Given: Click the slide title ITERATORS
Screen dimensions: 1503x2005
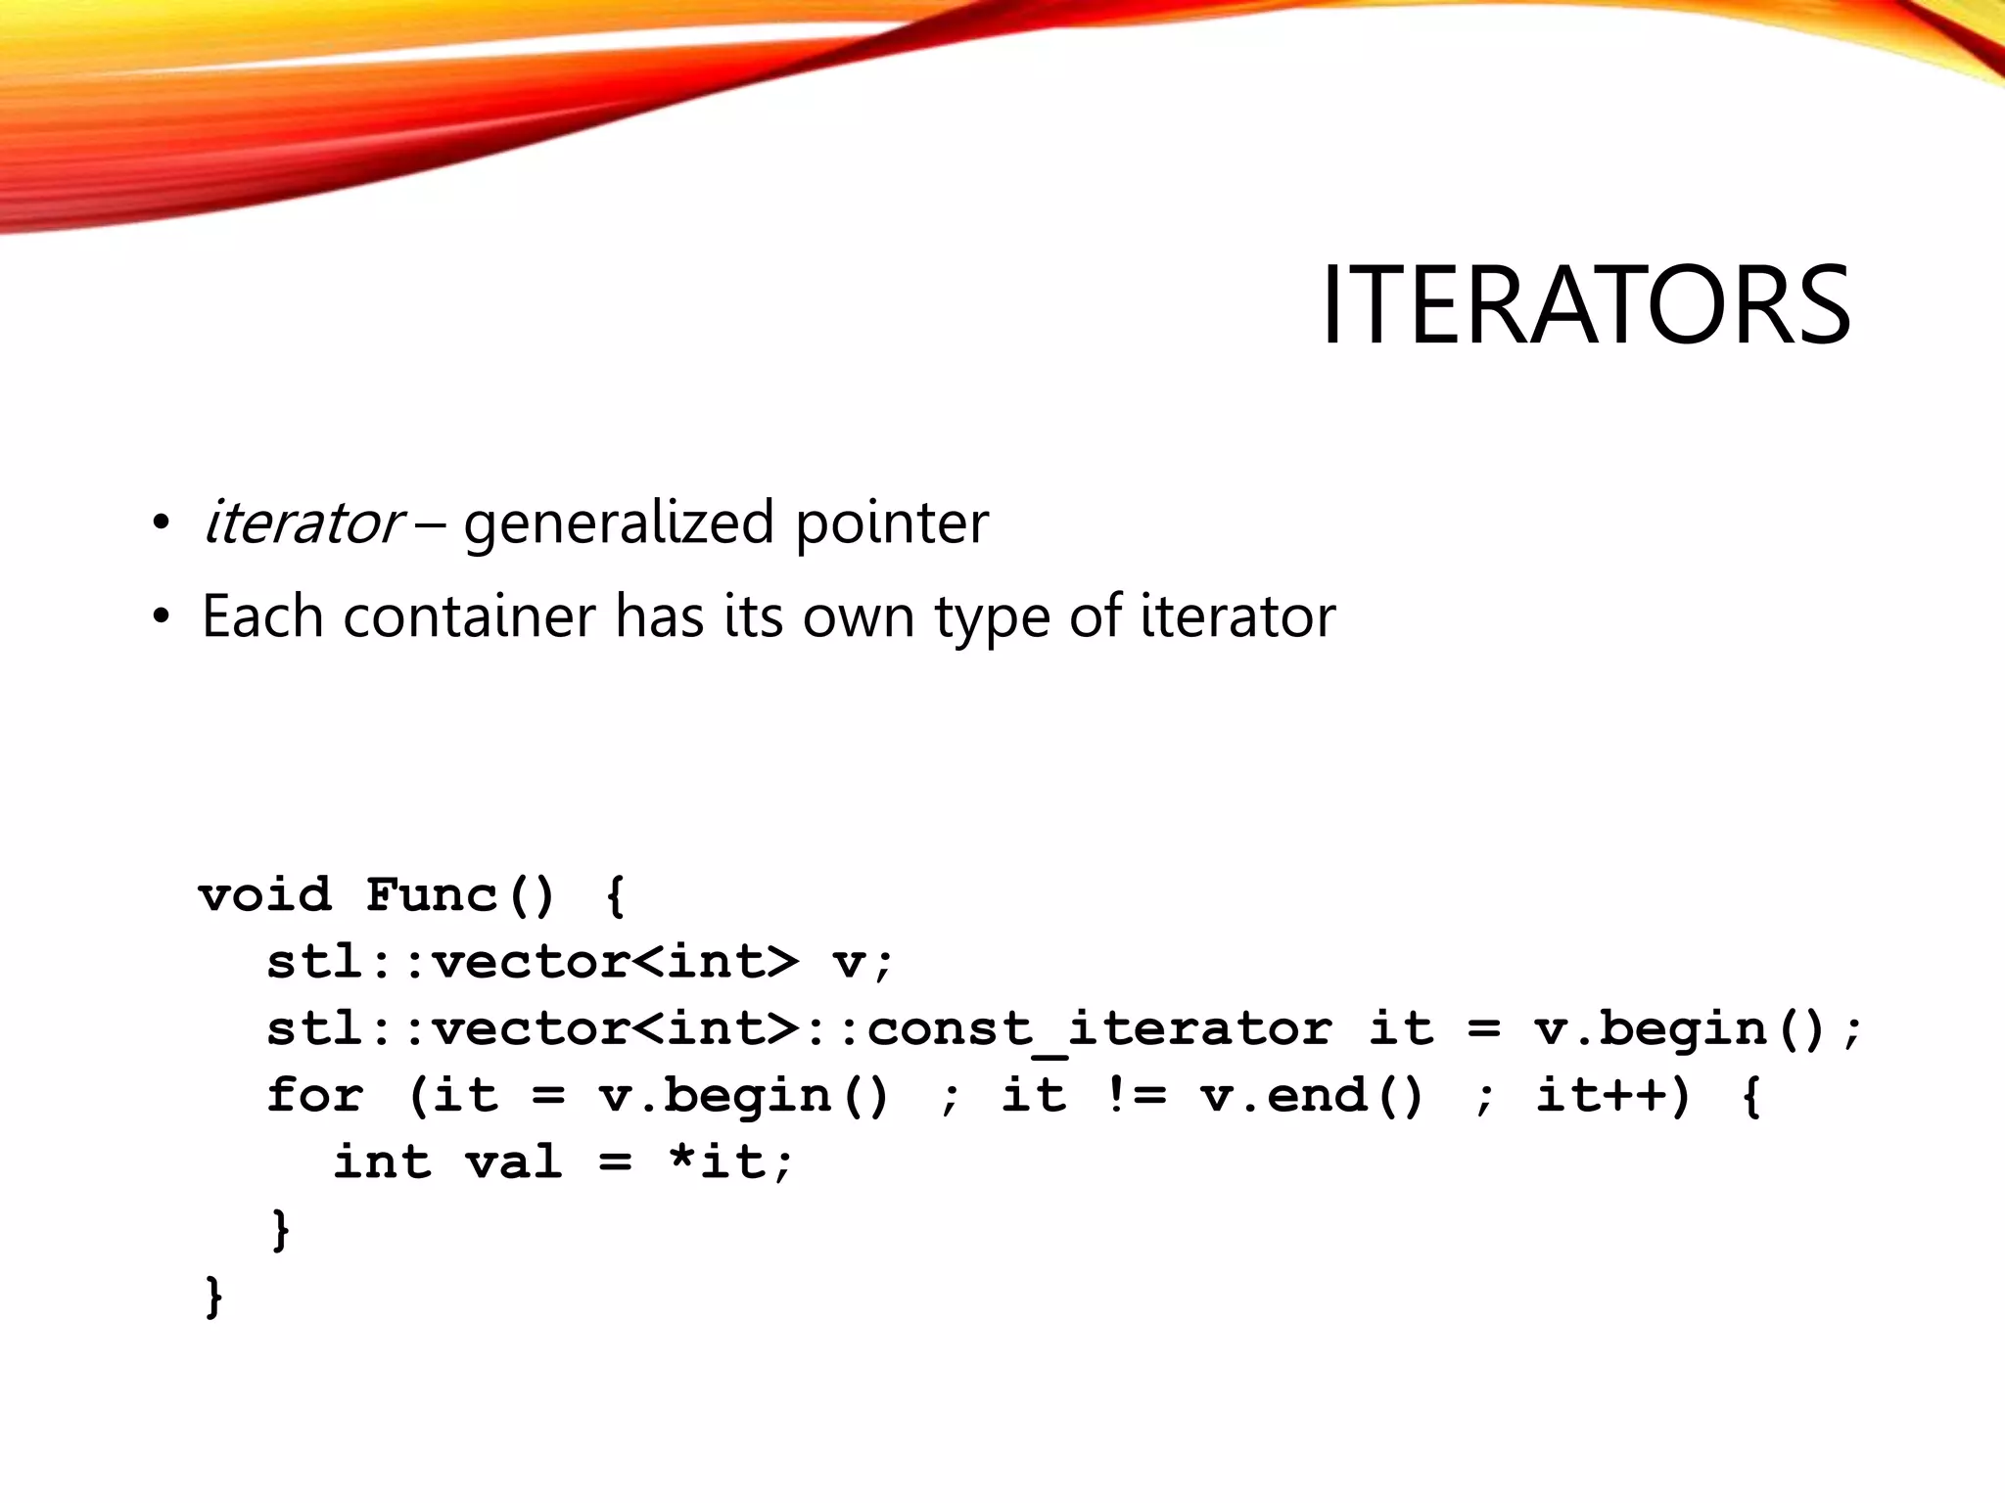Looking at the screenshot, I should (1585, 305).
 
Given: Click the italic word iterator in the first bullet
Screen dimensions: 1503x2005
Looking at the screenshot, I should (302, 523).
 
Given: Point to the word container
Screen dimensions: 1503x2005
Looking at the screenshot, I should (469, 616).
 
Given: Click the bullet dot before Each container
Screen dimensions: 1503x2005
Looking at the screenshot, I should (162, 617).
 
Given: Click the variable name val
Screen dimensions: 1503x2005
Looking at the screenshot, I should (513, 1162).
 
